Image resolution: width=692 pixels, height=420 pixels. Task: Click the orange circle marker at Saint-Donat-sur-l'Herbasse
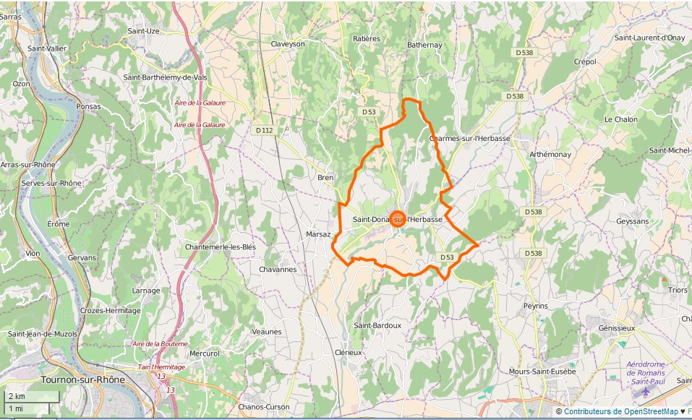coord(397,220)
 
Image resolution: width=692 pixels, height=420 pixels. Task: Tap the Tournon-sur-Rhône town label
coord(82,380)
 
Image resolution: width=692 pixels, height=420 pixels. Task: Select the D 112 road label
coord(265,130)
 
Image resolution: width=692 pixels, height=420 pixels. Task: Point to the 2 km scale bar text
coord(16,396)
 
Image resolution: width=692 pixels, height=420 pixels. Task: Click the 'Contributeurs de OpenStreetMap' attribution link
coord(620,411)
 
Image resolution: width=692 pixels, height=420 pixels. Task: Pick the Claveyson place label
coord(288,44)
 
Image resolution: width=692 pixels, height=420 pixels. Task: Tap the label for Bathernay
coord(424,45)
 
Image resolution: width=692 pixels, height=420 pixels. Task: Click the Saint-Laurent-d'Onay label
coord(649,38)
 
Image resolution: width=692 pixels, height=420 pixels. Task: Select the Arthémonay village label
coord(550,155)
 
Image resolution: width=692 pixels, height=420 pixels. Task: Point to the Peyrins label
coord(536,306)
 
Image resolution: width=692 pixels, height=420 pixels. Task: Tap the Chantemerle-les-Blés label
coord(221,247)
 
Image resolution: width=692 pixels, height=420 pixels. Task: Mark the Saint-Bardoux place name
coord(377,325)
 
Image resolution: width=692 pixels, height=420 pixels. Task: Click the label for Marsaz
coord(318,234)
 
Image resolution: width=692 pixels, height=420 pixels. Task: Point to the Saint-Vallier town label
coord(46,48)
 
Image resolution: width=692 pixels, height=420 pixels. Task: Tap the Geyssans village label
coord(633,221)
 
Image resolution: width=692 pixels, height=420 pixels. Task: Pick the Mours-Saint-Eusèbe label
coord(542,372)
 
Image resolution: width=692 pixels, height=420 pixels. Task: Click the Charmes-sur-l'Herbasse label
coord(470,138)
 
